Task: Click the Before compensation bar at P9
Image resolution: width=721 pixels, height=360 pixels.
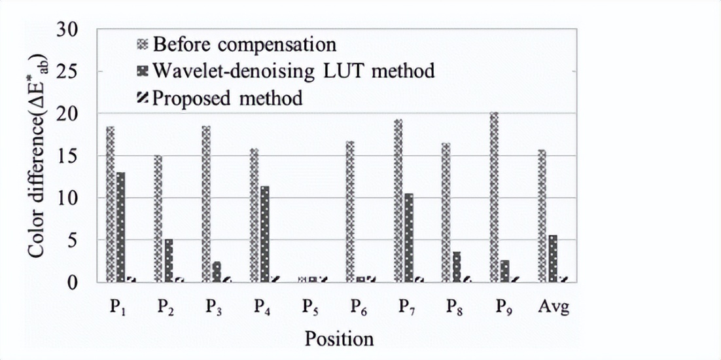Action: pyautogui.click(x=494, y=197)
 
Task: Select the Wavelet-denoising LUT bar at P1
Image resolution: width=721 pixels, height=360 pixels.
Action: pyautogui.click(x=120, y=226)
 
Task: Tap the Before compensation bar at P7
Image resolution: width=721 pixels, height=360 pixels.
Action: pyautogui.click(x=398, y=200)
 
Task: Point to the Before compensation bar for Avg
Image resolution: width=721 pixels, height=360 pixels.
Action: pyautogui.click(x=542, y=216)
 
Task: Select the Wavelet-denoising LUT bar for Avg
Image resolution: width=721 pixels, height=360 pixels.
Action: pyautogui.click(x=553, y=259)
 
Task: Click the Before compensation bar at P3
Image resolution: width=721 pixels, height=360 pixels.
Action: pyautogui.click(x=206, y=204)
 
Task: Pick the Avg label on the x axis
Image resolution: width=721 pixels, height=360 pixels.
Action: pyautogui.click(x=553, y=306)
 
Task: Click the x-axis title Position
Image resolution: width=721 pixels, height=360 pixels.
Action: pyautogui.click(x=338, y=338)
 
